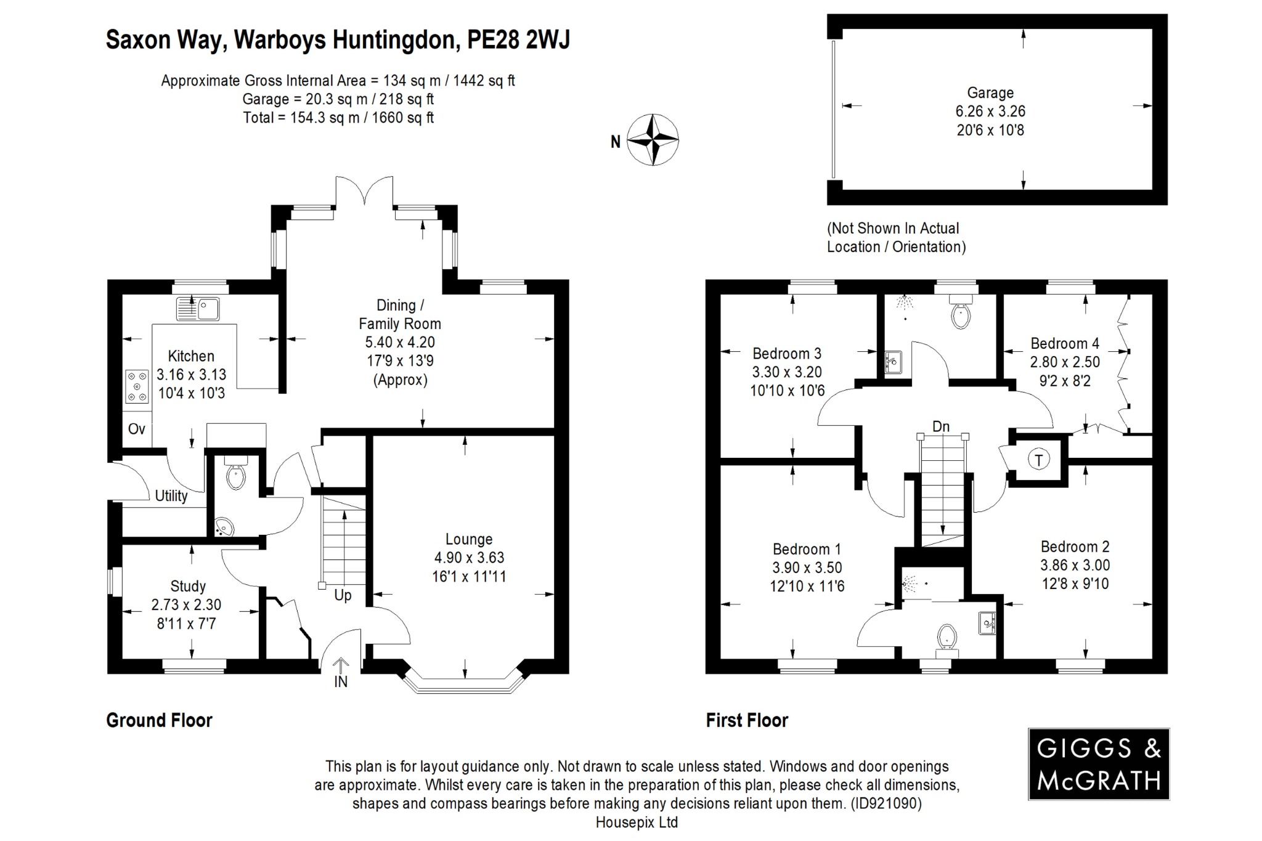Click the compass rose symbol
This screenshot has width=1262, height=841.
point(653,140)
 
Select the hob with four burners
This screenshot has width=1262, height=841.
point(137,386)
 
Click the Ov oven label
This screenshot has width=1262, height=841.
point(137,429)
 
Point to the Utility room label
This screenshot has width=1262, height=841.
point(171,496)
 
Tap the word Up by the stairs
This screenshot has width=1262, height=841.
point(343,595)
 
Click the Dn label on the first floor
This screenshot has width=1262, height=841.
point(940,426)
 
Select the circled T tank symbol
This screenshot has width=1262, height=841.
point(1039,460)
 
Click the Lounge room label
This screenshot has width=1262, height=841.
point(469,539)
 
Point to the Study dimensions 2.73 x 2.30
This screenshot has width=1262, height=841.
point(186,605)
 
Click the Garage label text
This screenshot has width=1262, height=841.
point(990,93)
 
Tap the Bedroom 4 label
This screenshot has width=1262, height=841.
point(1064,343)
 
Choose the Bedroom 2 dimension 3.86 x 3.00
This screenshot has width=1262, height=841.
point(1075,565)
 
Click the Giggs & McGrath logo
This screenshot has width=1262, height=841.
point(1099,764)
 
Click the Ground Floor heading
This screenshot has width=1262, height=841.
point(159,720)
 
